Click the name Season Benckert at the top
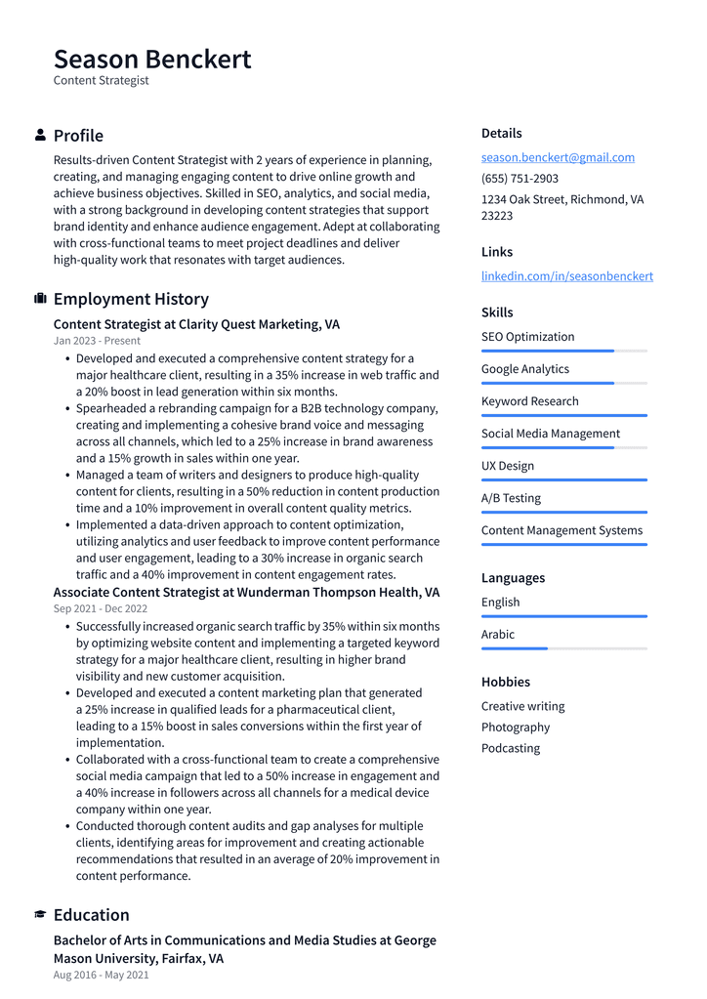pyautogui.click(x=152, y=59)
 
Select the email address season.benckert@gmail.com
pyautogui.click(x=558, y=157)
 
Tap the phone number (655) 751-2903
pyautogui.click(x=520, y=179)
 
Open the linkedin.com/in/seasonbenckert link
pyautogui.click(x=566, y=276)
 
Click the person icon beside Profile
pyautogui.click(x=40, y=135)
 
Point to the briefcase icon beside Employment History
pyautogui.click(x=40, y=299)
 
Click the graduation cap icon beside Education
pyautogui.click(x=40, y=915)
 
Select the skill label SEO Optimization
pyautogui.click(x=527, y=337)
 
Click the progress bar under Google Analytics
pyautogui.click(x=563, y=383)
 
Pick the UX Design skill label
pyautogui.click(x=507, y=466)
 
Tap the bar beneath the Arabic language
pyautogui.click(x=563, y=648)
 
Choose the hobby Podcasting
pyautogui.click(x=510, y=748)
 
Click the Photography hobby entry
pyautogui.click(x=515, y=728)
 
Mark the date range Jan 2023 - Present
pyautogui.click(x=97, y=341)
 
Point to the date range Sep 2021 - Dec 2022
pyautogui.click(x=101, y=608)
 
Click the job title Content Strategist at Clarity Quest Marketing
pyautogui.click(x=196, y=324)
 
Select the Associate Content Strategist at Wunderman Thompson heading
pyautogui.click(x=246, y=592)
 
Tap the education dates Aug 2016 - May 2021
pyautogui.click(x=101, y=975)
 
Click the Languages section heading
pyautogui.click(x=513, y=578)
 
